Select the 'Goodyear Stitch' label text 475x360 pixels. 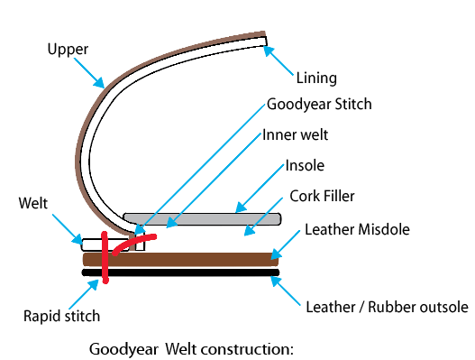point(319,104)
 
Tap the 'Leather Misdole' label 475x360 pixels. point(356,230)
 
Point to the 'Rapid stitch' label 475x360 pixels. point(60,316)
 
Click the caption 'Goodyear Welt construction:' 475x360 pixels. point(192,346)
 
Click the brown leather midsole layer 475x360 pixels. point(180,259)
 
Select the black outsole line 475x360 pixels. point(180,272)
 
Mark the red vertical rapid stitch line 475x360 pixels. point(105,257)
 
